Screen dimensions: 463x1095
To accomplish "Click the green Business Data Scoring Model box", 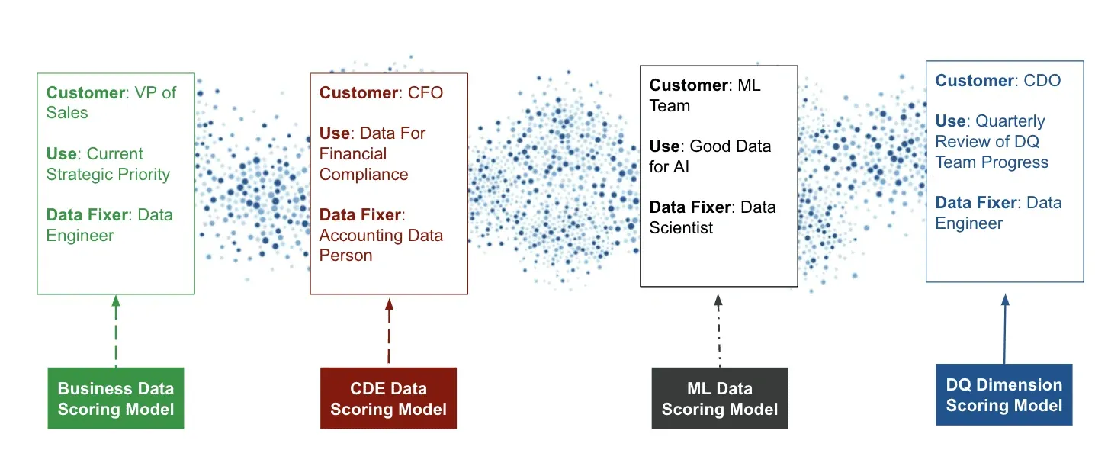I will pos(115,398).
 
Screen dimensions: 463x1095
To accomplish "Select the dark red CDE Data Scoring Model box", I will pos(388,399).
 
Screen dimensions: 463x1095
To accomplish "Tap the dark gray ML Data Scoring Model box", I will pos(719,399).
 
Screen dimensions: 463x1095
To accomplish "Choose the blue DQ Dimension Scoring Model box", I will pos(1003,394).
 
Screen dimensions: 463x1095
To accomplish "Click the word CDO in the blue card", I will pos(1042,81).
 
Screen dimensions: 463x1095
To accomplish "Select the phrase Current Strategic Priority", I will pos(108,164).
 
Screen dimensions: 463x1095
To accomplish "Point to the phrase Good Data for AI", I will pos(709,156).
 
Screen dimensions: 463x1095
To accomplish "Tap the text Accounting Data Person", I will pos(381,246).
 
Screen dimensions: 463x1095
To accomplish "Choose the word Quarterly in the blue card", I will pos(1010,121).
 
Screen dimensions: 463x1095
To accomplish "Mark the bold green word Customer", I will pos(85,93).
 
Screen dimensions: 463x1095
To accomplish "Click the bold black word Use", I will pos(663,146).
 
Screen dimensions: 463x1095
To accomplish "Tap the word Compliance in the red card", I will pos(364,175).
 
